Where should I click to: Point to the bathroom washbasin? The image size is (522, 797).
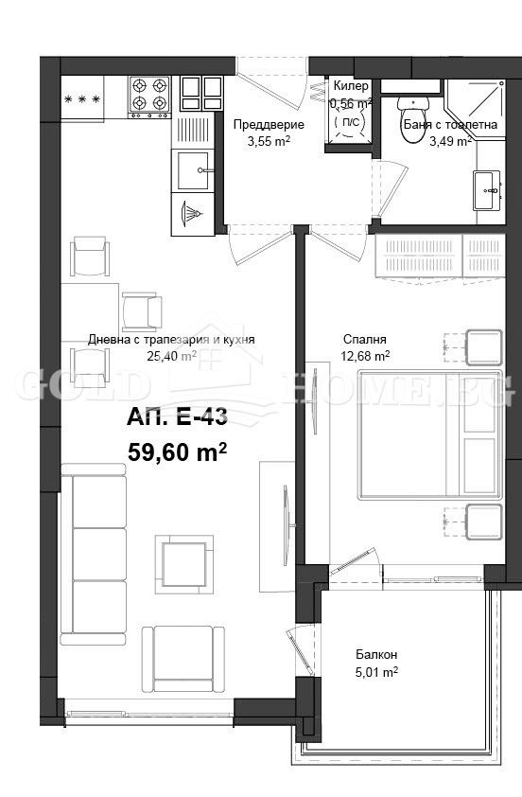tap(488, 189)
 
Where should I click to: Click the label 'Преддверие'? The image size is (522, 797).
tap(269, 125)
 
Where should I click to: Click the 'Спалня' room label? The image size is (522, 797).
tap(363, 340)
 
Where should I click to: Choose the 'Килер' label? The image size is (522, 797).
tap(351, 86)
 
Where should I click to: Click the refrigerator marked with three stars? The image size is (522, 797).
tap(83, 98)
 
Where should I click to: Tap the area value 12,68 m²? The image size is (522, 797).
tap(365, 357)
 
